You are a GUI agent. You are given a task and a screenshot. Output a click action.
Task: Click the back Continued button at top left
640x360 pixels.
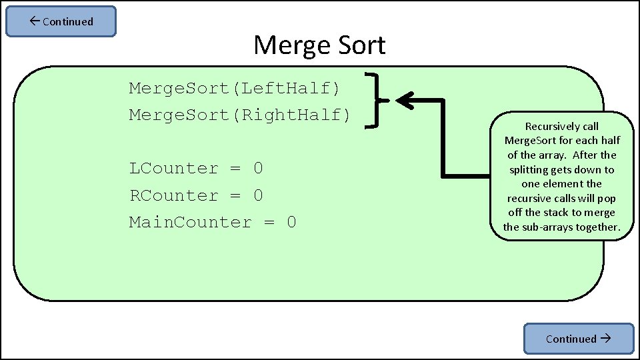61,21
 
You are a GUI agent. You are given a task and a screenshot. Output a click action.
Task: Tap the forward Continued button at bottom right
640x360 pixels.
578,339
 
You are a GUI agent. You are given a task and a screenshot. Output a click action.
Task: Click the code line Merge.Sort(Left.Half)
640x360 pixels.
235,88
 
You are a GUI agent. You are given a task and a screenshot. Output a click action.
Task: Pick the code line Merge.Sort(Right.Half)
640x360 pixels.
240,115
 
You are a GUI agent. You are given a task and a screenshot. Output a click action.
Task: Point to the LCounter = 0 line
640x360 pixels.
196,169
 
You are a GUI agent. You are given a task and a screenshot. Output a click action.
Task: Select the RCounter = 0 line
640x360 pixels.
196,195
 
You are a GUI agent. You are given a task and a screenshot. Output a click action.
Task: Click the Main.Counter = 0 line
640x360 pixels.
213,222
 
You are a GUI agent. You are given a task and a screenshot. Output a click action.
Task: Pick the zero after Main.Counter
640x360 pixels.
291,222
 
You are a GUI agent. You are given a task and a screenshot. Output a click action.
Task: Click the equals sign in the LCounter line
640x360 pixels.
235,169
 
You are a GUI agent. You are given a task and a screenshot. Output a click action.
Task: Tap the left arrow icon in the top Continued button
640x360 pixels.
35,21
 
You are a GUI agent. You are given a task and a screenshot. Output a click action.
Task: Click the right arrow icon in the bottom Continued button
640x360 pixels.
605,338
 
